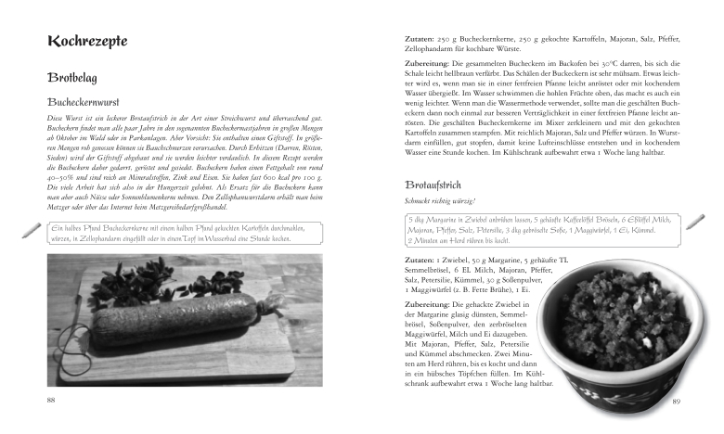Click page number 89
click(677, 402)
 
